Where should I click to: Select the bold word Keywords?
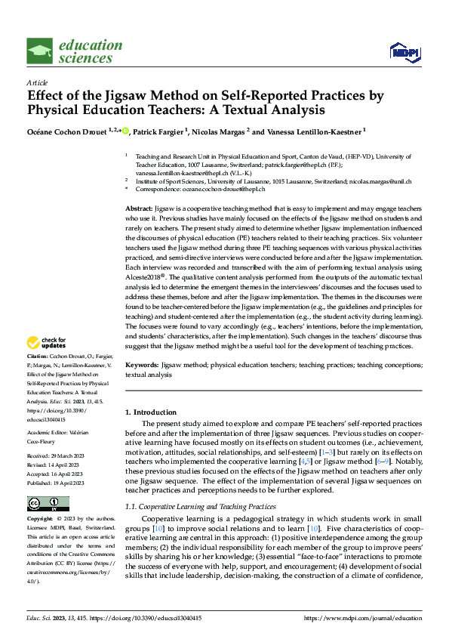coord(140,365)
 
